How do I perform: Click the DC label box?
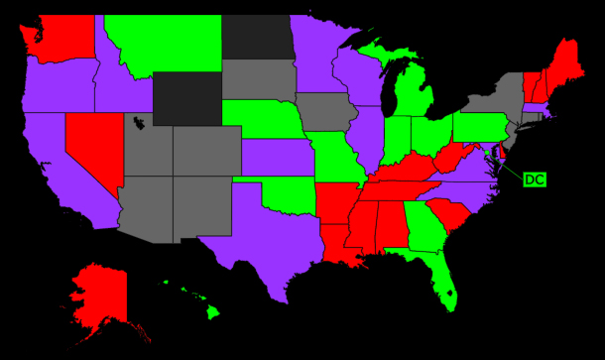534,180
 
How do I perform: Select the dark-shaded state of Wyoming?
187,94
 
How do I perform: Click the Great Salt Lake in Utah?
138,124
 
